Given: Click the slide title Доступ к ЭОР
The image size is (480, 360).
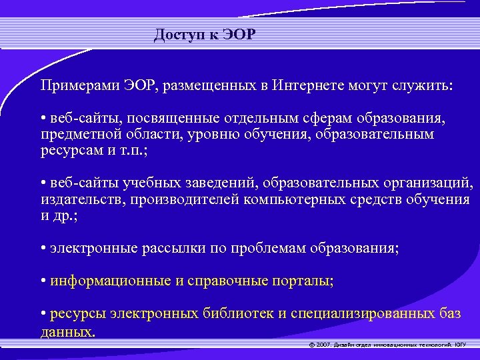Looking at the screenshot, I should (x=204, y=35).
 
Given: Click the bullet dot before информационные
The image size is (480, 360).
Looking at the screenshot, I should (x=43, y=281).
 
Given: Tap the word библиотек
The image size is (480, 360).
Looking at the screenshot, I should (x=244, y=313).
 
